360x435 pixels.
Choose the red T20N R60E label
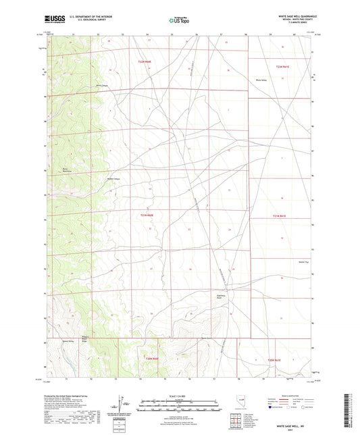pos(152,359)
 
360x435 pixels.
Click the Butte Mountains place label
pos(66,170)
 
